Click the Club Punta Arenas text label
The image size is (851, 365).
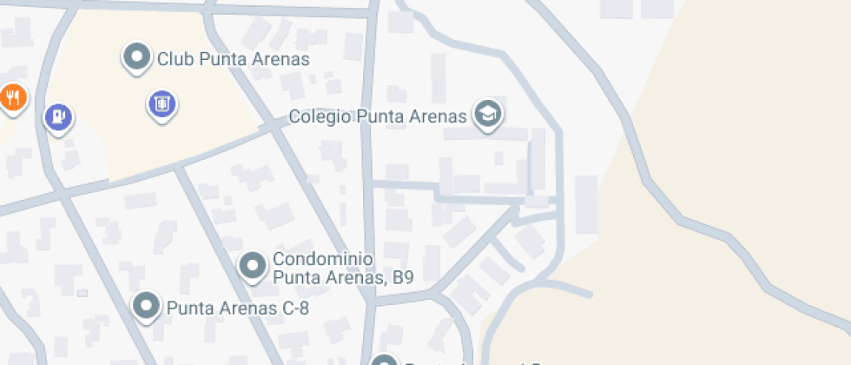coord(233,59)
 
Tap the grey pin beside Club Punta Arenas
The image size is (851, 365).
coord(136,57)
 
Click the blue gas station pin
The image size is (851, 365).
coord(57,116)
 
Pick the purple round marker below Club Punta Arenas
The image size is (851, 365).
coord(161,104)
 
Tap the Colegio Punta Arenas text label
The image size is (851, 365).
coord(379,116)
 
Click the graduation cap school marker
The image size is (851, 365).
coord(488,114)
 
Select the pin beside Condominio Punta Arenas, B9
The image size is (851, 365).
coord(253,265)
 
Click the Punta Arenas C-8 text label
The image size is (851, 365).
coord(237,308)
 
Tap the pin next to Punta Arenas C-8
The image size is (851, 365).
coord(146,306)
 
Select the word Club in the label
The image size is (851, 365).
coord(175,59)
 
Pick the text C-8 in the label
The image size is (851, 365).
coord(292,308)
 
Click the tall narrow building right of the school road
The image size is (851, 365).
coord(586,204)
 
